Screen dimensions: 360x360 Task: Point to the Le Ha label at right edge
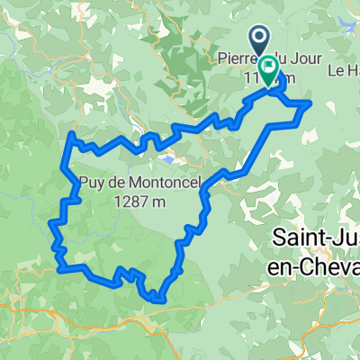pos(345,68)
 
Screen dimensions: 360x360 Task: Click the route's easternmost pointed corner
pos(310,103)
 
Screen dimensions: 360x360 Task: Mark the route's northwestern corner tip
pos(71,134)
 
